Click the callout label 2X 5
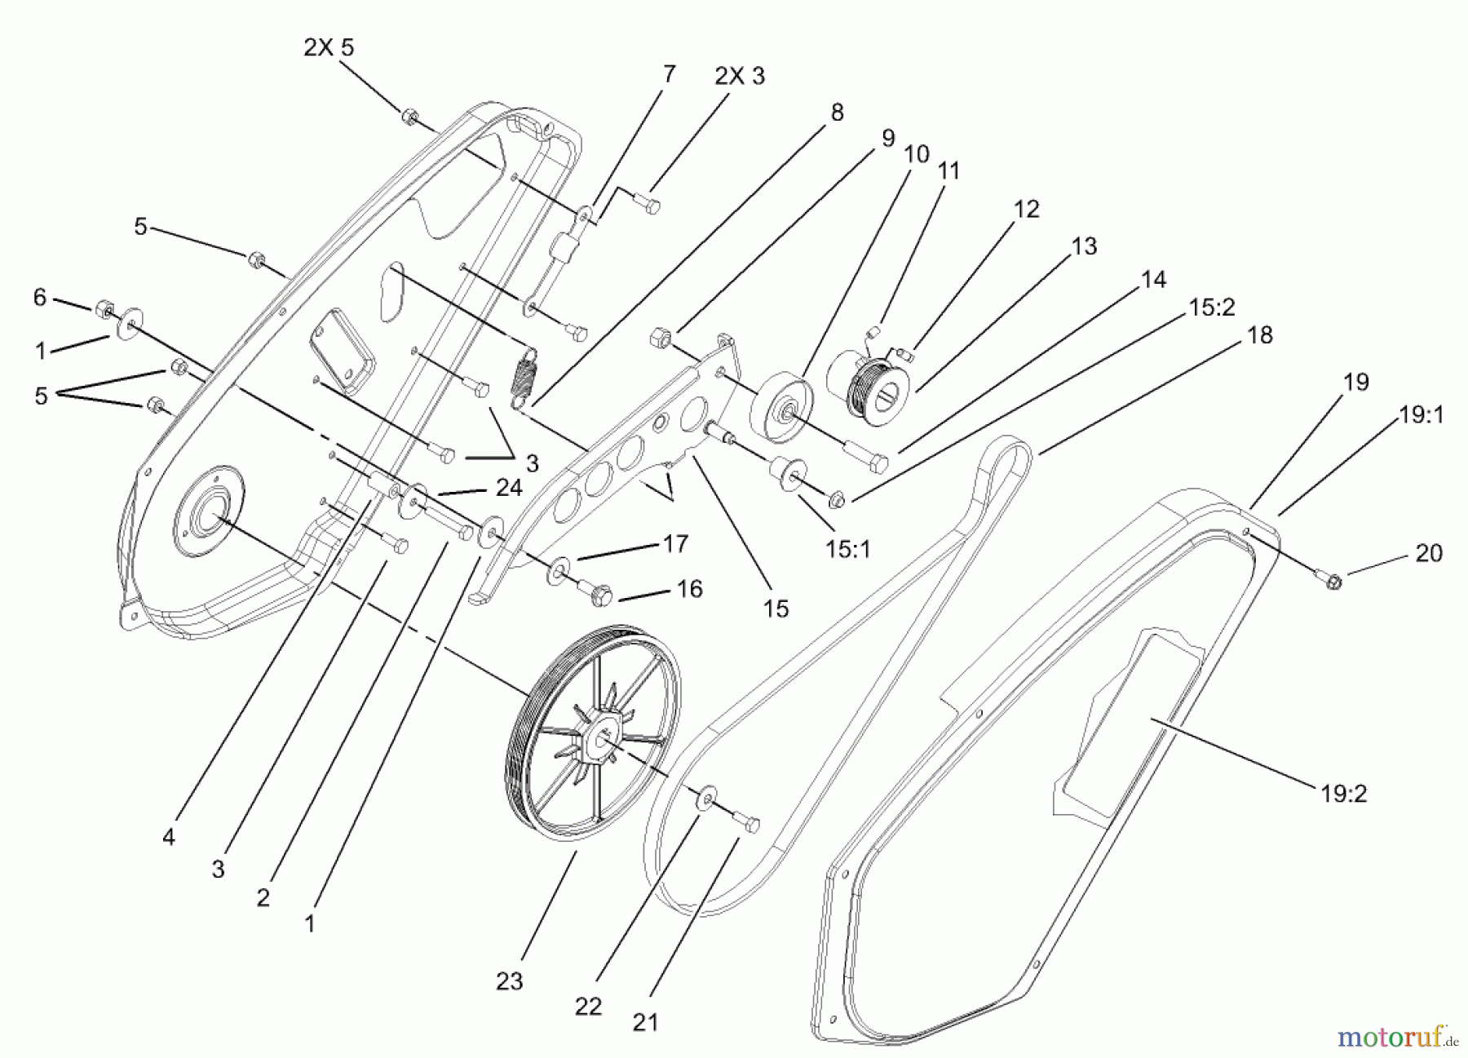click(x=329, y=47)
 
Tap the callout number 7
click(x=669, y=74)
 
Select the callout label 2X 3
click(x=740, y=76)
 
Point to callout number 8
click(x=837, y=113)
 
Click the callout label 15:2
click(x=1212, y=307)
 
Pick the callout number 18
click(x=1260, y=334)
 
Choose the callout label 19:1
click(x=1422, y=415)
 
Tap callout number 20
click(x=1429, y=553)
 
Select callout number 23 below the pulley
click(x=510, y=981)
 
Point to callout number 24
click(x=509, y=488)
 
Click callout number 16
click(x=690, y=588)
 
